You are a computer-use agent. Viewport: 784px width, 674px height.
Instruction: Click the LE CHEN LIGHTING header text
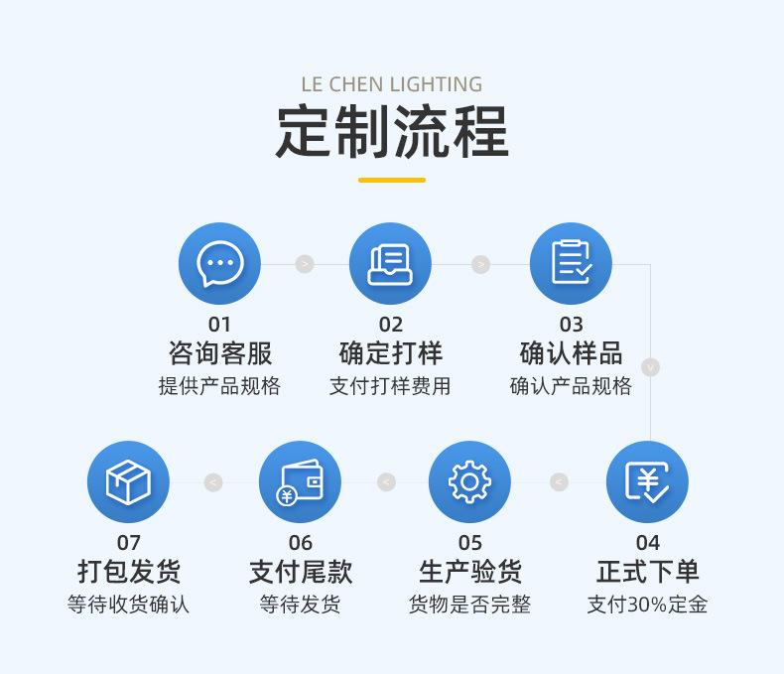tap(391, 84)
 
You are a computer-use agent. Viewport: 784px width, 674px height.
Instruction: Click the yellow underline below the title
tap(391, 180)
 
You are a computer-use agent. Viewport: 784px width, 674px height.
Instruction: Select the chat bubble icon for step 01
tap(219, 264)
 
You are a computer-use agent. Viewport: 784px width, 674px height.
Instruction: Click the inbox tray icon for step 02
tap(390, 264)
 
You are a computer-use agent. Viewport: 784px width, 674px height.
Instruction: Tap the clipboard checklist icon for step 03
tap(571, 264)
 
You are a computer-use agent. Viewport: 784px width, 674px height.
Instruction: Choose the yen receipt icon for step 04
tap(647, 482)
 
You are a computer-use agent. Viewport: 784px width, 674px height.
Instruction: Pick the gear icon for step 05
tap(469, 482)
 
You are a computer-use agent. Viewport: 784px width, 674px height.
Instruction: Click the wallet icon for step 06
tap(300, 482)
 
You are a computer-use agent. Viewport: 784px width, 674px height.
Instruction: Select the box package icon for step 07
tap(128, 482)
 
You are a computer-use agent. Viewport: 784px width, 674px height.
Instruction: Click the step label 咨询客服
tap(219, 353)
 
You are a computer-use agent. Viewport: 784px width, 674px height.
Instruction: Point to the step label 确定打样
tap(390, 353)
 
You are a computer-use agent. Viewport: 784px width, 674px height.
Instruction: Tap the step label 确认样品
tap(571, 353)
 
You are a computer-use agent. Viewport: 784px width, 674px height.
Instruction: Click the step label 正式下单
tap(647, 572)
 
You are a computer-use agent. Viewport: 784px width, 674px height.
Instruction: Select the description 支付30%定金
tap(647, 605)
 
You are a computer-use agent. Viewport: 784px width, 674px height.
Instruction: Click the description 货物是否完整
tap(469, 605)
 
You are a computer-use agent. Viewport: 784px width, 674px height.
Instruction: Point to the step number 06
tap(300, 542)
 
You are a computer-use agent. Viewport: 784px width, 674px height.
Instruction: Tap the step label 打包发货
tap(128, 572)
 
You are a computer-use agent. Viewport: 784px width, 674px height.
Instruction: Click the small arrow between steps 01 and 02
tap(305, 264)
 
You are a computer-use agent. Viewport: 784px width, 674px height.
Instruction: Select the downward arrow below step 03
tap(650, 367)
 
